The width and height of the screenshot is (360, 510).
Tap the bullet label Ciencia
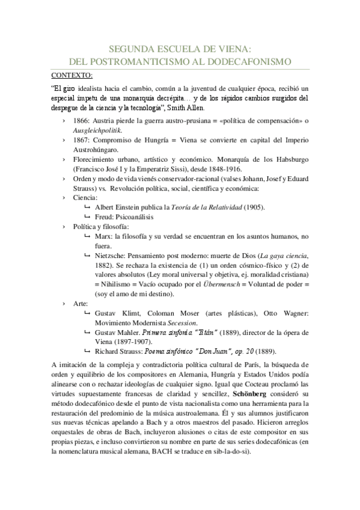tap(85, 197)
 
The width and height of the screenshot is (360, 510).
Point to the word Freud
tap(105, 217)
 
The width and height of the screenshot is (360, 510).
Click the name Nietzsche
tap(112, 256)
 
